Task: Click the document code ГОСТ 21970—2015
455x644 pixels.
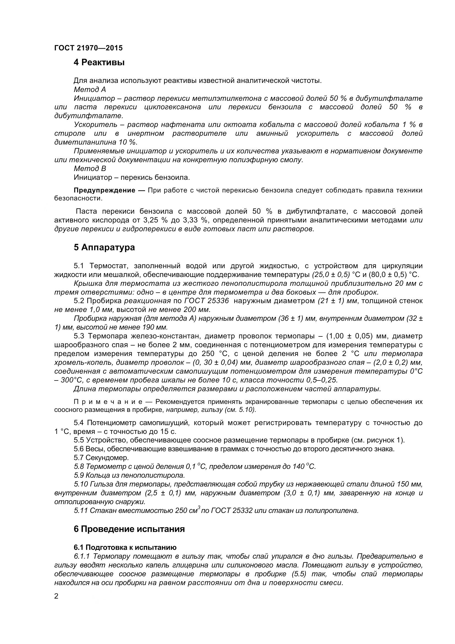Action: pyautogui.click(x=88, y=48)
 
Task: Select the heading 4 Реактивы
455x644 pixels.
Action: pyautogui.click(x=99, y=62)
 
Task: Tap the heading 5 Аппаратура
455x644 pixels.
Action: pyautogui.click(x=104, y=248)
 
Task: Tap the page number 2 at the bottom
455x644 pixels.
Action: pyautogui.click(x=56, y=604)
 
